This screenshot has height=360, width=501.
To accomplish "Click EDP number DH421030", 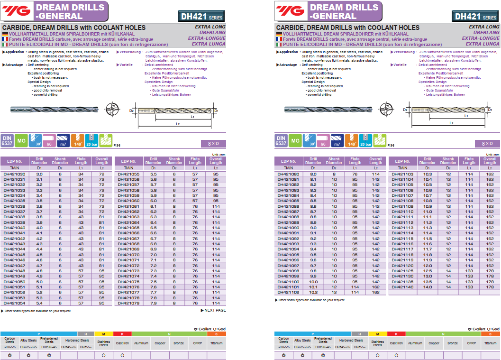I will point(14,175).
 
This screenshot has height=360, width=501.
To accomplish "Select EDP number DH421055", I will point(128,175).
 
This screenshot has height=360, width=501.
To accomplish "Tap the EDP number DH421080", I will point(288,175).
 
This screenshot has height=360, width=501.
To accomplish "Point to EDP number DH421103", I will point(402,175).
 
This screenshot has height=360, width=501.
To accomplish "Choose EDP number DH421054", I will point(14,303).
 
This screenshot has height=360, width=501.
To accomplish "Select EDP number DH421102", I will point(288,292).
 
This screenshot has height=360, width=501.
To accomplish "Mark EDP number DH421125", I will point(402,271).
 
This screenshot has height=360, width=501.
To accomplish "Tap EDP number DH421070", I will point(128,255).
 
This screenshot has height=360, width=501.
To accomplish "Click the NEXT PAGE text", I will point(213,310).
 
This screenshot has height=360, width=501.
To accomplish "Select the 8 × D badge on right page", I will point(487,143).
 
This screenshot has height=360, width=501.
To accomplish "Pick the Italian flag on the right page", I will point(279,44).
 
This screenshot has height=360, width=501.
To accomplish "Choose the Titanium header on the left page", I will point(216,343).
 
